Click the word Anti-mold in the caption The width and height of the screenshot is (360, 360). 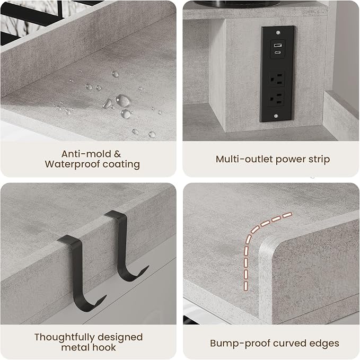tap(86, 154)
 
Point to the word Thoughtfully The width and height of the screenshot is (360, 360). tap(64, 338)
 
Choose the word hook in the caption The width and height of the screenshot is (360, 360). tap(105, 347)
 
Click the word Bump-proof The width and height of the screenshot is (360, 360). tap(240, 344)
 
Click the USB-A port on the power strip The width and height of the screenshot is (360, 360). tap(278, 45)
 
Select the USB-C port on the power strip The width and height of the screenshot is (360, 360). tap(278, 52)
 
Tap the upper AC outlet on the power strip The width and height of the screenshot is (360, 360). tap(276, 79)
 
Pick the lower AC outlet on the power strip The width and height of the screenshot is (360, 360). tap(276, 99)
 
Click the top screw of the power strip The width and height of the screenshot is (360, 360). tap(278, 32)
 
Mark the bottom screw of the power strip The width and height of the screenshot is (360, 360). tap(276, 116)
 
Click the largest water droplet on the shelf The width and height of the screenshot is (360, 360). tap(123, 101)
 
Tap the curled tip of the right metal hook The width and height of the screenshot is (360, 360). tap(147, 267)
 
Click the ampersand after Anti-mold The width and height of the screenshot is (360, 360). tap(117, 154)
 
